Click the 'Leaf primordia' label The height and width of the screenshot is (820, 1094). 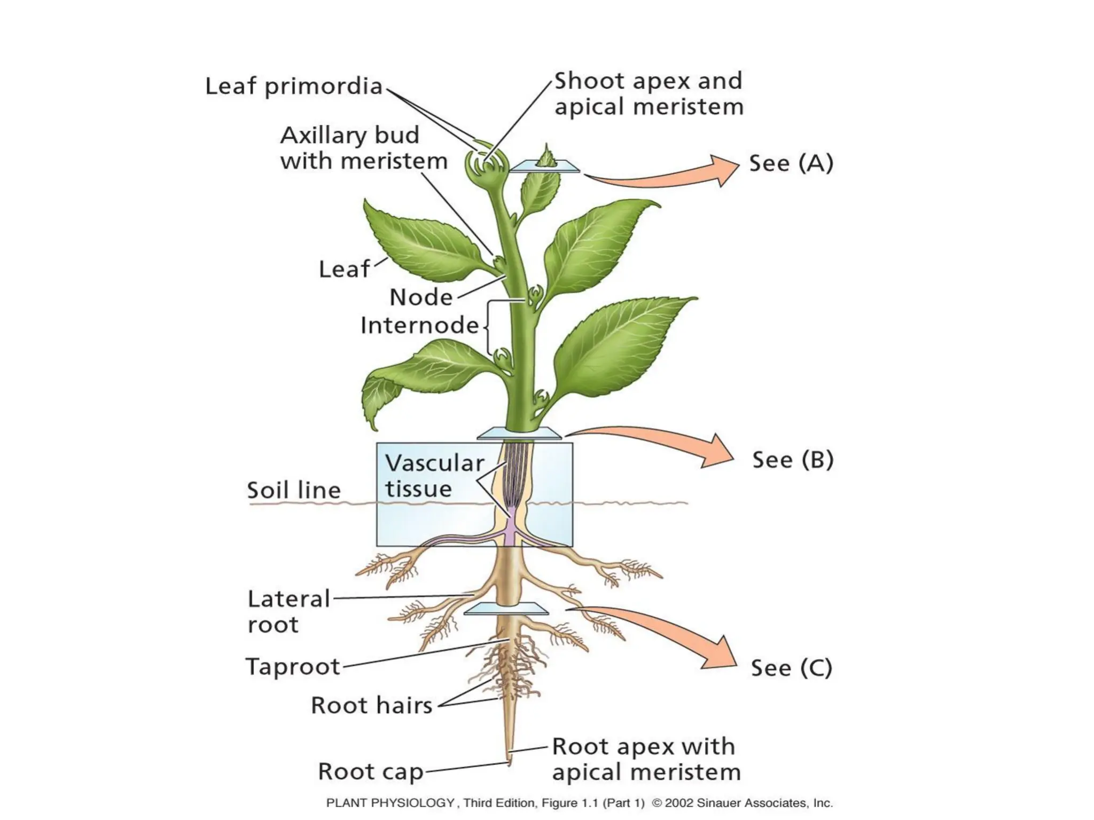point(294,86)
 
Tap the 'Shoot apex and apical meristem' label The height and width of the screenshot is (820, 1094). point(648,94)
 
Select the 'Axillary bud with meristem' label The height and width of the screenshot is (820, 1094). point(363,148)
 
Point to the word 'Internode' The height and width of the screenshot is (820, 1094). point(419,326)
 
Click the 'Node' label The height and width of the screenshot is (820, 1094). point(421,297)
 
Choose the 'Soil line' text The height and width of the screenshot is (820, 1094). point(294,490)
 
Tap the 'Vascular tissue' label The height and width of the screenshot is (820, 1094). point(434,476)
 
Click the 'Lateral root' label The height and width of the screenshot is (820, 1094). point(288,612)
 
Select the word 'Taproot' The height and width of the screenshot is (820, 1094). point(293,667)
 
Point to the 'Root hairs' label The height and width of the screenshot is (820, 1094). point(371,706)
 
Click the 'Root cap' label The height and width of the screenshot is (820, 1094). point(370,772)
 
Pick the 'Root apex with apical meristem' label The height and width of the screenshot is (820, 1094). point(645,759)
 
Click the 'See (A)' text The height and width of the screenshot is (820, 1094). point(791,163)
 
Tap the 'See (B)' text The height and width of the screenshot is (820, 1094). point(793,460)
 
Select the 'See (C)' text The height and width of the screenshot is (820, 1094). point(791,668)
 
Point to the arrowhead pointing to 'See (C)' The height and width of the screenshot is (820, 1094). point(721,655)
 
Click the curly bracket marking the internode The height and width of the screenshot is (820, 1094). point(488,327)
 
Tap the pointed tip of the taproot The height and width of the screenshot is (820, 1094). point(509,762)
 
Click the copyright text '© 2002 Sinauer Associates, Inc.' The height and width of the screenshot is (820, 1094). point(743,803)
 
